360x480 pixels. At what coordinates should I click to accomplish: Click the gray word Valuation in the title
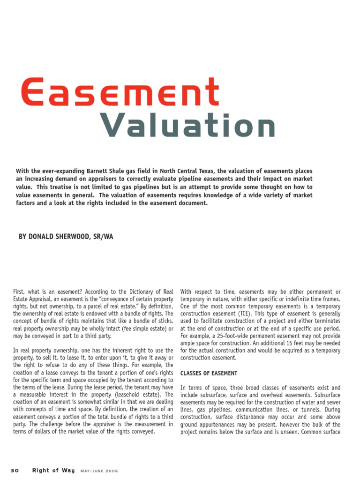click(187, 126)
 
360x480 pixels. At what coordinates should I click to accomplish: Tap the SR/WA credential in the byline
click(102, 237)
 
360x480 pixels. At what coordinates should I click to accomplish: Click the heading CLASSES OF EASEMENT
click(209, 373)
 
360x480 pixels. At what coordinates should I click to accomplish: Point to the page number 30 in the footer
click(15, 471)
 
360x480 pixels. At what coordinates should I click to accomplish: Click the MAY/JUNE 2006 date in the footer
click(99, 471)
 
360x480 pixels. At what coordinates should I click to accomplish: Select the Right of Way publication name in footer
click(53, 471)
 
